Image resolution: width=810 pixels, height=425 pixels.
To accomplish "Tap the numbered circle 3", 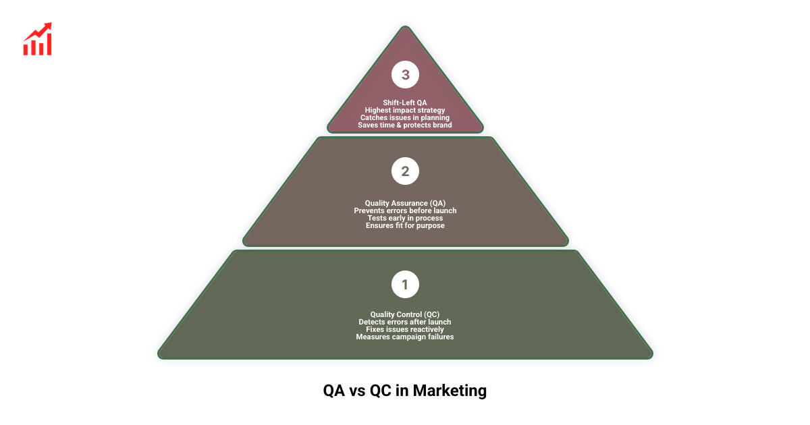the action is (x=405, y=75).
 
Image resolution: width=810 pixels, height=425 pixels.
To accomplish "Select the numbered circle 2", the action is (x=405, y=171).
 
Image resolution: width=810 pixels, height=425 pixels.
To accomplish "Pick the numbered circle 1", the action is (x=405, y=285).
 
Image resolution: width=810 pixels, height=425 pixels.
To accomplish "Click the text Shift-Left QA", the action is (x=405, y=103).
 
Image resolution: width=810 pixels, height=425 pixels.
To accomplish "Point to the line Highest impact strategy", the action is (x=405, y=110).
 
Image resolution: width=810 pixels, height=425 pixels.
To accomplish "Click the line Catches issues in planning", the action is (x=405, y=117).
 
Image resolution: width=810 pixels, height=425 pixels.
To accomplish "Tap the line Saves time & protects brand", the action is (x=405, y=125).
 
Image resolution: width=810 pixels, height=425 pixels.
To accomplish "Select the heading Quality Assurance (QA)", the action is (x=405, y=203).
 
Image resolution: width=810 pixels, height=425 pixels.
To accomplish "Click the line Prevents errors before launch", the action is (x=405, y=210).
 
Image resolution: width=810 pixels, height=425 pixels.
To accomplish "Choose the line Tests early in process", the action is (x=405, y=218).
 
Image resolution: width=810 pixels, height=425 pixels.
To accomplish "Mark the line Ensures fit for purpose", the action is (x=405, y=225).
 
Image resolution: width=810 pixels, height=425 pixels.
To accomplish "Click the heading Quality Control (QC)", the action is (x=405, y=314).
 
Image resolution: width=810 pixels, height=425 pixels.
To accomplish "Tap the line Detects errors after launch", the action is (x=405, y=322).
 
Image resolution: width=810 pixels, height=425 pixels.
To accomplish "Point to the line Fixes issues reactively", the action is (x=405, y=329).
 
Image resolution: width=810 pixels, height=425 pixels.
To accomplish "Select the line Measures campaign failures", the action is (x=405, y=337).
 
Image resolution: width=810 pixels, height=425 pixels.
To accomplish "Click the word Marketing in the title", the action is (x=450, y=391).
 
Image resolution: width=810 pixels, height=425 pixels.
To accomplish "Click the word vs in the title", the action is (x=357, y=391).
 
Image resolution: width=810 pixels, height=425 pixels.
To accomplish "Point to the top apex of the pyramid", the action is (x=405, y=28).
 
